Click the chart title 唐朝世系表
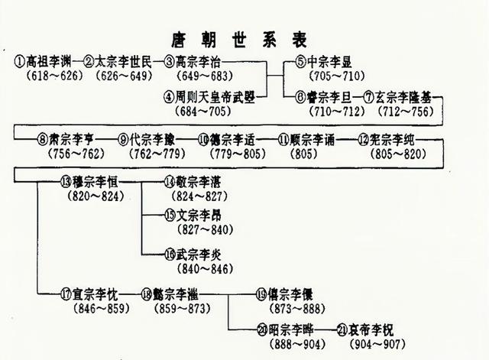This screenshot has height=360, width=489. [244, 39]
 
